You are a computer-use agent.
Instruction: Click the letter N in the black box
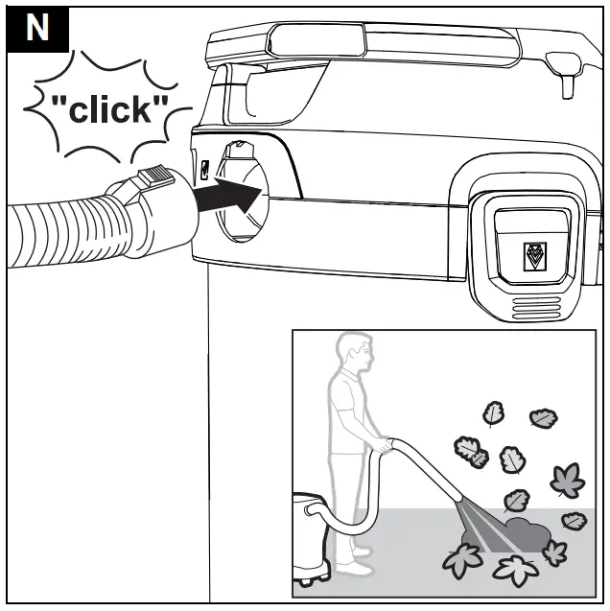(x=36, y=26)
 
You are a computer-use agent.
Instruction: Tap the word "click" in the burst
(x=113, y=109)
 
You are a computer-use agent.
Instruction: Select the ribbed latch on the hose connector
(x=155, y=179)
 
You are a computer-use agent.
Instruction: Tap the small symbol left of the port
(x=204, y=169)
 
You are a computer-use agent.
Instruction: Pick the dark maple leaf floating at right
(x=566, y=477)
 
